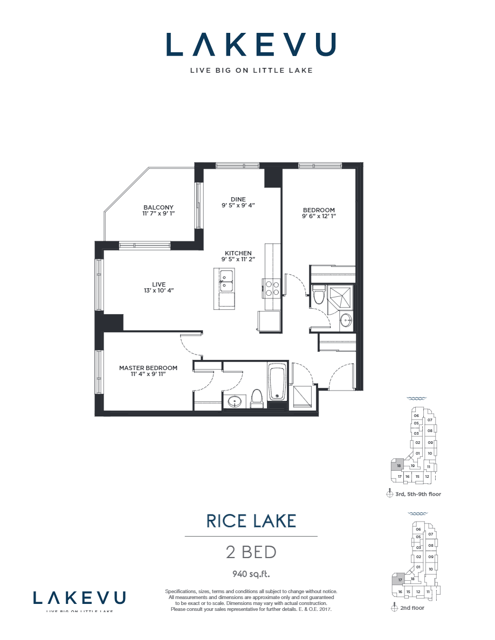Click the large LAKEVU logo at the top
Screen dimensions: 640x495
point(251,45)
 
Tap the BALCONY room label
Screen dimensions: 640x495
point(158,207)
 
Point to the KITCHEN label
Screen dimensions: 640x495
point(238,253)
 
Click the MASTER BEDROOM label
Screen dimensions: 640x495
point(148,368)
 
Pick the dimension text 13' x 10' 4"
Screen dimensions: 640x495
point(159,290)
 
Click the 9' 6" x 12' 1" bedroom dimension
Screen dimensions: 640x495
point(319,217)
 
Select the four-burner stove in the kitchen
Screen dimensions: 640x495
point(272,289)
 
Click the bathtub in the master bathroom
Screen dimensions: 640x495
point(278,382)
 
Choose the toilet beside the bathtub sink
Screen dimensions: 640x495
point(257,398)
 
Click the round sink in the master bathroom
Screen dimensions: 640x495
point(235,401)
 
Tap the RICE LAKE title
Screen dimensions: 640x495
point(251,521)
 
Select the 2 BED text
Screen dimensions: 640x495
point(251,552)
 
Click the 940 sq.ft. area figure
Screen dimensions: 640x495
point(251,573)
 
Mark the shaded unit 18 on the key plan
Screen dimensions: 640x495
point(398,465)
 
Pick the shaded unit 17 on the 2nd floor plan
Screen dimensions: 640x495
point(400,580)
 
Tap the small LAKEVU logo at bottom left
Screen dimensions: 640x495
point(79,598)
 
